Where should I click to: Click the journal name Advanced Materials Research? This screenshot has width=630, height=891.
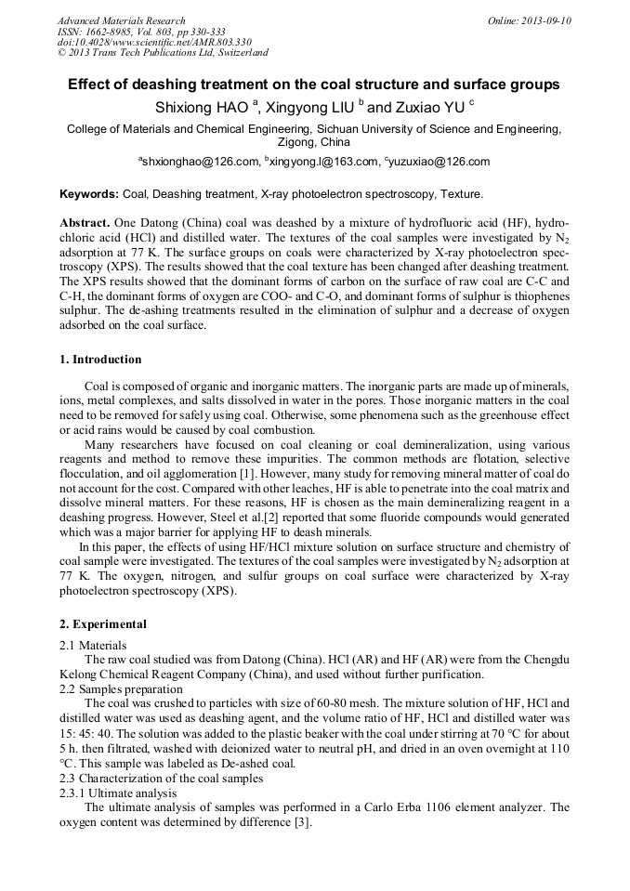(121, 20)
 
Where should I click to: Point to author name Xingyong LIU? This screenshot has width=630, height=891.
(310, 108)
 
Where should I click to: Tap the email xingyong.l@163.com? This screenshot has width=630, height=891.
(324, 162)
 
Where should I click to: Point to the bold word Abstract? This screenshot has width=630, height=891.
(85, 225)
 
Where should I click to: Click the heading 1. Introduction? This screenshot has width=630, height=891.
(100, 360)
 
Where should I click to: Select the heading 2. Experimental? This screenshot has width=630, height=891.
(102, 624)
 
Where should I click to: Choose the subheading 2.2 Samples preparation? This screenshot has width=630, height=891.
(121, 689)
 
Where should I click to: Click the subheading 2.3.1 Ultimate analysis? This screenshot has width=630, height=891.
(118, 793)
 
